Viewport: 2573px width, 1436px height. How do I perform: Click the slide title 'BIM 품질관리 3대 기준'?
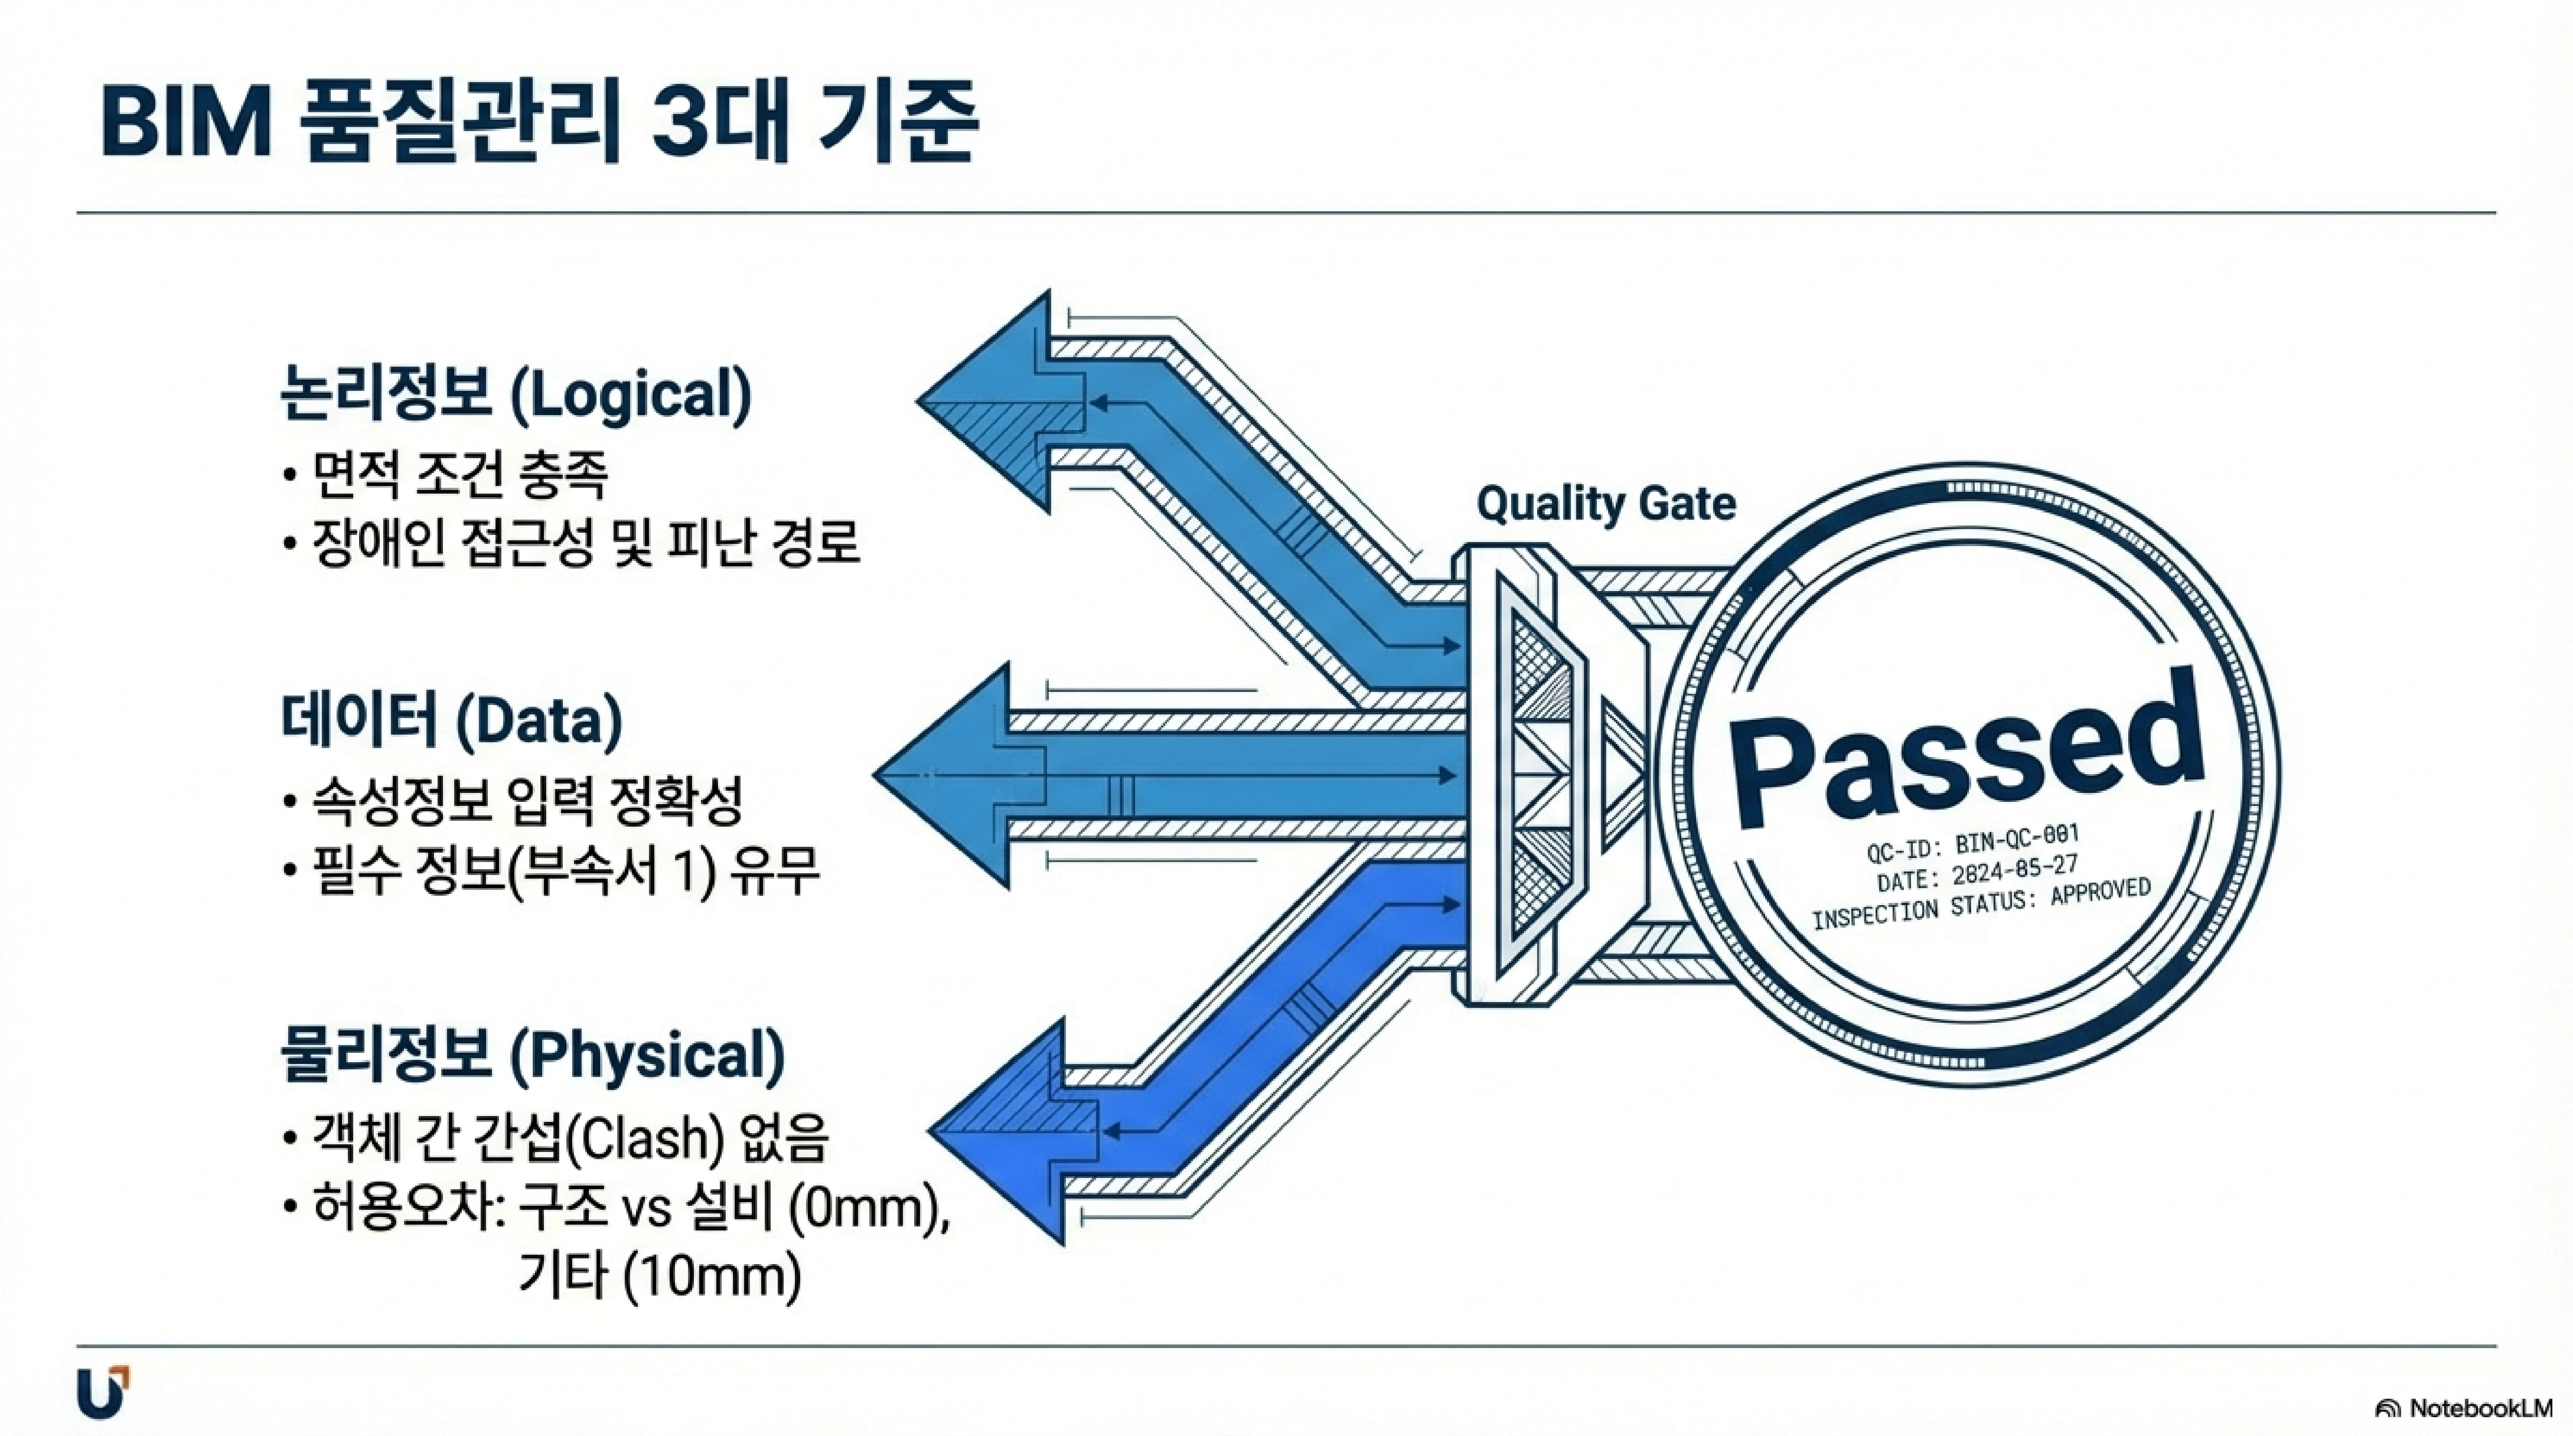point(539,123)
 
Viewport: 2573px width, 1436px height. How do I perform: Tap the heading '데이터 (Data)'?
point(451,720)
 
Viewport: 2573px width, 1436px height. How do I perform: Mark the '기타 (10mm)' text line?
point(659,1277)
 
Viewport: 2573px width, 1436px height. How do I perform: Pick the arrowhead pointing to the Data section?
point(944,775)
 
